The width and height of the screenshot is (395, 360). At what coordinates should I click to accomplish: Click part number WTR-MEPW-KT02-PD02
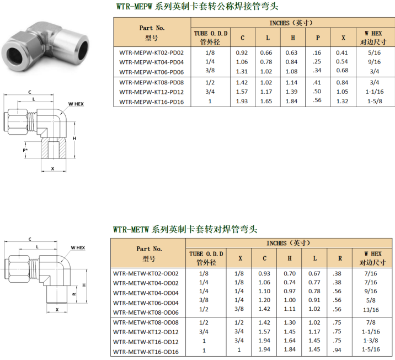click(151, 52)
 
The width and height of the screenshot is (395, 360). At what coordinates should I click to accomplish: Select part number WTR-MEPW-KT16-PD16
click(151, 102)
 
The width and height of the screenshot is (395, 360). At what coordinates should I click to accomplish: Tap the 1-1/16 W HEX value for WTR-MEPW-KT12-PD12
click(375, 92)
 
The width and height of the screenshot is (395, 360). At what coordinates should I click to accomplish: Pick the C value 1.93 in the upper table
click(242, 102)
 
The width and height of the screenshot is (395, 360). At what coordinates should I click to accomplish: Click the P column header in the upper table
click(318, 38)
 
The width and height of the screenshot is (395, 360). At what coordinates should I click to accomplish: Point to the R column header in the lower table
click(340, 258)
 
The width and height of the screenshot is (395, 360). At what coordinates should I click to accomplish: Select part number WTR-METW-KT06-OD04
click(146, 303)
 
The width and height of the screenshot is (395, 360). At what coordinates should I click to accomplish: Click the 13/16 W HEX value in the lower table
click(371, 310)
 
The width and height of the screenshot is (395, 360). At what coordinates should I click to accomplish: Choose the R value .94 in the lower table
click(337, 350)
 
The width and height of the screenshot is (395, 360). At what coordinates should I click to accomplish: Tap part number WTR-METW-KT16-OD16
click(146, 352)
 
